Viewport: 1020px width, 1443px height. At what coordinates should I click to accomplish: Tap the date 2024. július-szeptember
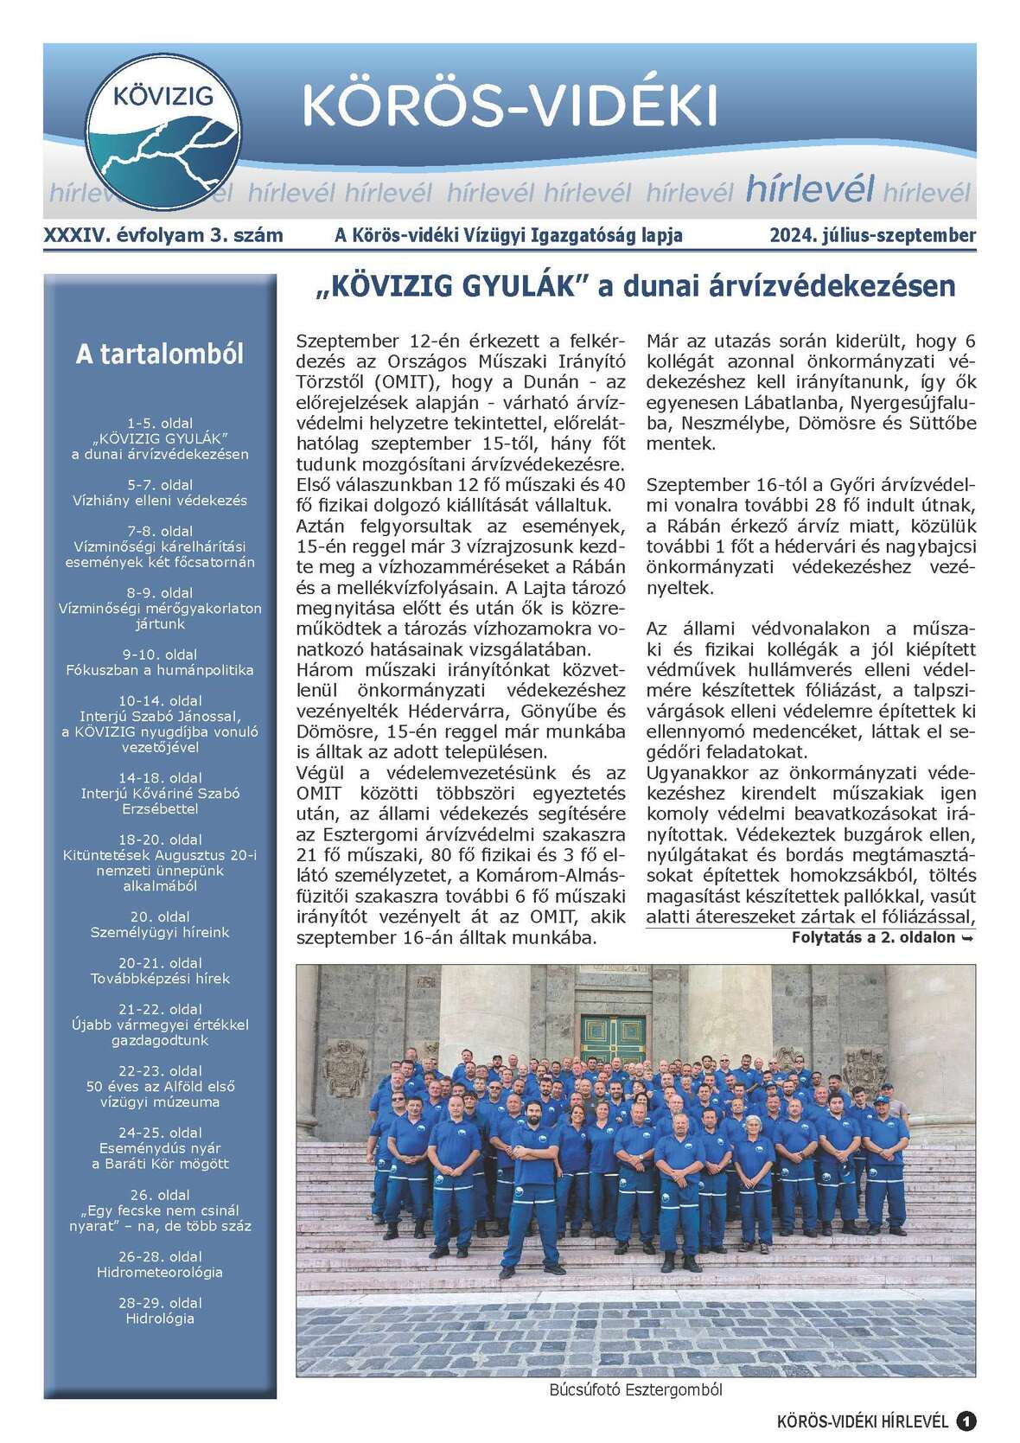[873, 235]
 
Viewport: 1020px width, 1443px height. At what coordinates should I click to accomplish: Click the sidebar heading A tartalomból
[160, 354]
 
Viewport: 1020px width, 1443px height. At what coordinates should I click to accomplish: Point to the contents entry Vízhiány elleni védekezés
[160, 500]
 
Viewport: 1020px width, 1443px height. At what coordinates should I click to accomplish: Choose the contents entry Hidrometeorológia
[160, 1272]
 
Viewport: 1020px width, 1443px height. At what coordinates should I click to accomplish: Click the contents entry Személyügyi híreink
[160, 932]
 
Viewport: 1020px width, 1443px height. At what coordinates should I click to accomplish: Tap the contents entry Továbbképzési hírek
[160, 979]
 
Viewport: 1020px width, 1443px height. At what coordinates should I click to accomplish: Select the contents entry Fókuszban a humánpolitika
[160, 670]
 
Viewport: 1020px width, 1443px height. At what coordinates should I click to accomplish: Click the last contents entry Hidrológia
[160, 1318]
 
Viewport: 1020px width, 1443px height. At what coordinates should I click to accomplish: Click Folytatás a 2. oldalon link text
[882, 937]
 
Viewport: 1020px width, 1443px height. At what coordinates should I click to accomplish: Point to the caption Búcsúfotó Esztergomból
[635, 1390]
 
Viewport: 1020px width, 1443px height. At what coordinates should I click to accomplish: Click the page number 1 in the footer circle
[966, 1421]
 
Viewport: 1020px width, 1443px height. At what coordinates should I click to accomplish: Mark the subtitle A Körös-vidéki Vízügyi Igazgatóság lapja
[508, 235]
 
